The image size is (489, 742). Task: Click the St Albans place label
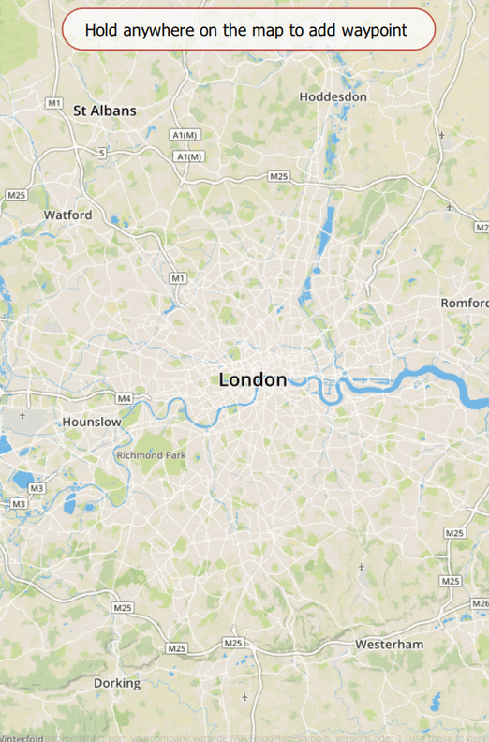[x=105, y=111]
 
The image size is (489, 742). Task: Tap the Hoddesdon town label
[x=333, y=96]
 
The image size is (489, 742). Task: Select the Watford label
[x=68, y=215]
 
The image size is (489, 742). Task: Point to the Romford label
[x=466, y=303]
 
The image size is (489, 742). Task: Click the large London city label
[x=253, y=379]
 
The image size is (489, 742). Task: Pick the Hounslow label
[x=92, y=422]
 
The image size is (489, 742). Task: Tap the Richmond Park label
[x=152, y=455]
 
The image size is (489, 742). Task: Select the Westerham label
[x=389, y=645]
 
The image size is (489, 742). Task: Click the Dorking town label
[x=117, y=683]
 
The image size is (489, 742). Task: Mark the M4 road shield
[x=125, y=399]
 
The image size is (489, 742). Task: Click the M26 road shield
[x=480, y=602]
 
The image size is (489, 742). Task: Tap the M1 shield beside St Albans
[x=53, y=102]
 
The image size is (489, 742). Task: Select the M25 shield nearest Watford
[x=16, y=195]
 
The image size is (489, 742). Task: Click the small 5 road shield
[x=102, y=151]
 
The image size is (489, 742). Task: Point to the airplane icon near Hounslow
[x=22, y=414]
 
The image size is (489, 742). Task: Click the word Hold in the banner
[x=102, y=30]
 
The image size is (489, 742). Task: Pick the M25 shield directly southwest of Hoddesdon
[x=278, y=176]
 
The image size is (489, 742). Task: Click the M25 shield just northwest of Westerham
[x=233, y=643]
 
